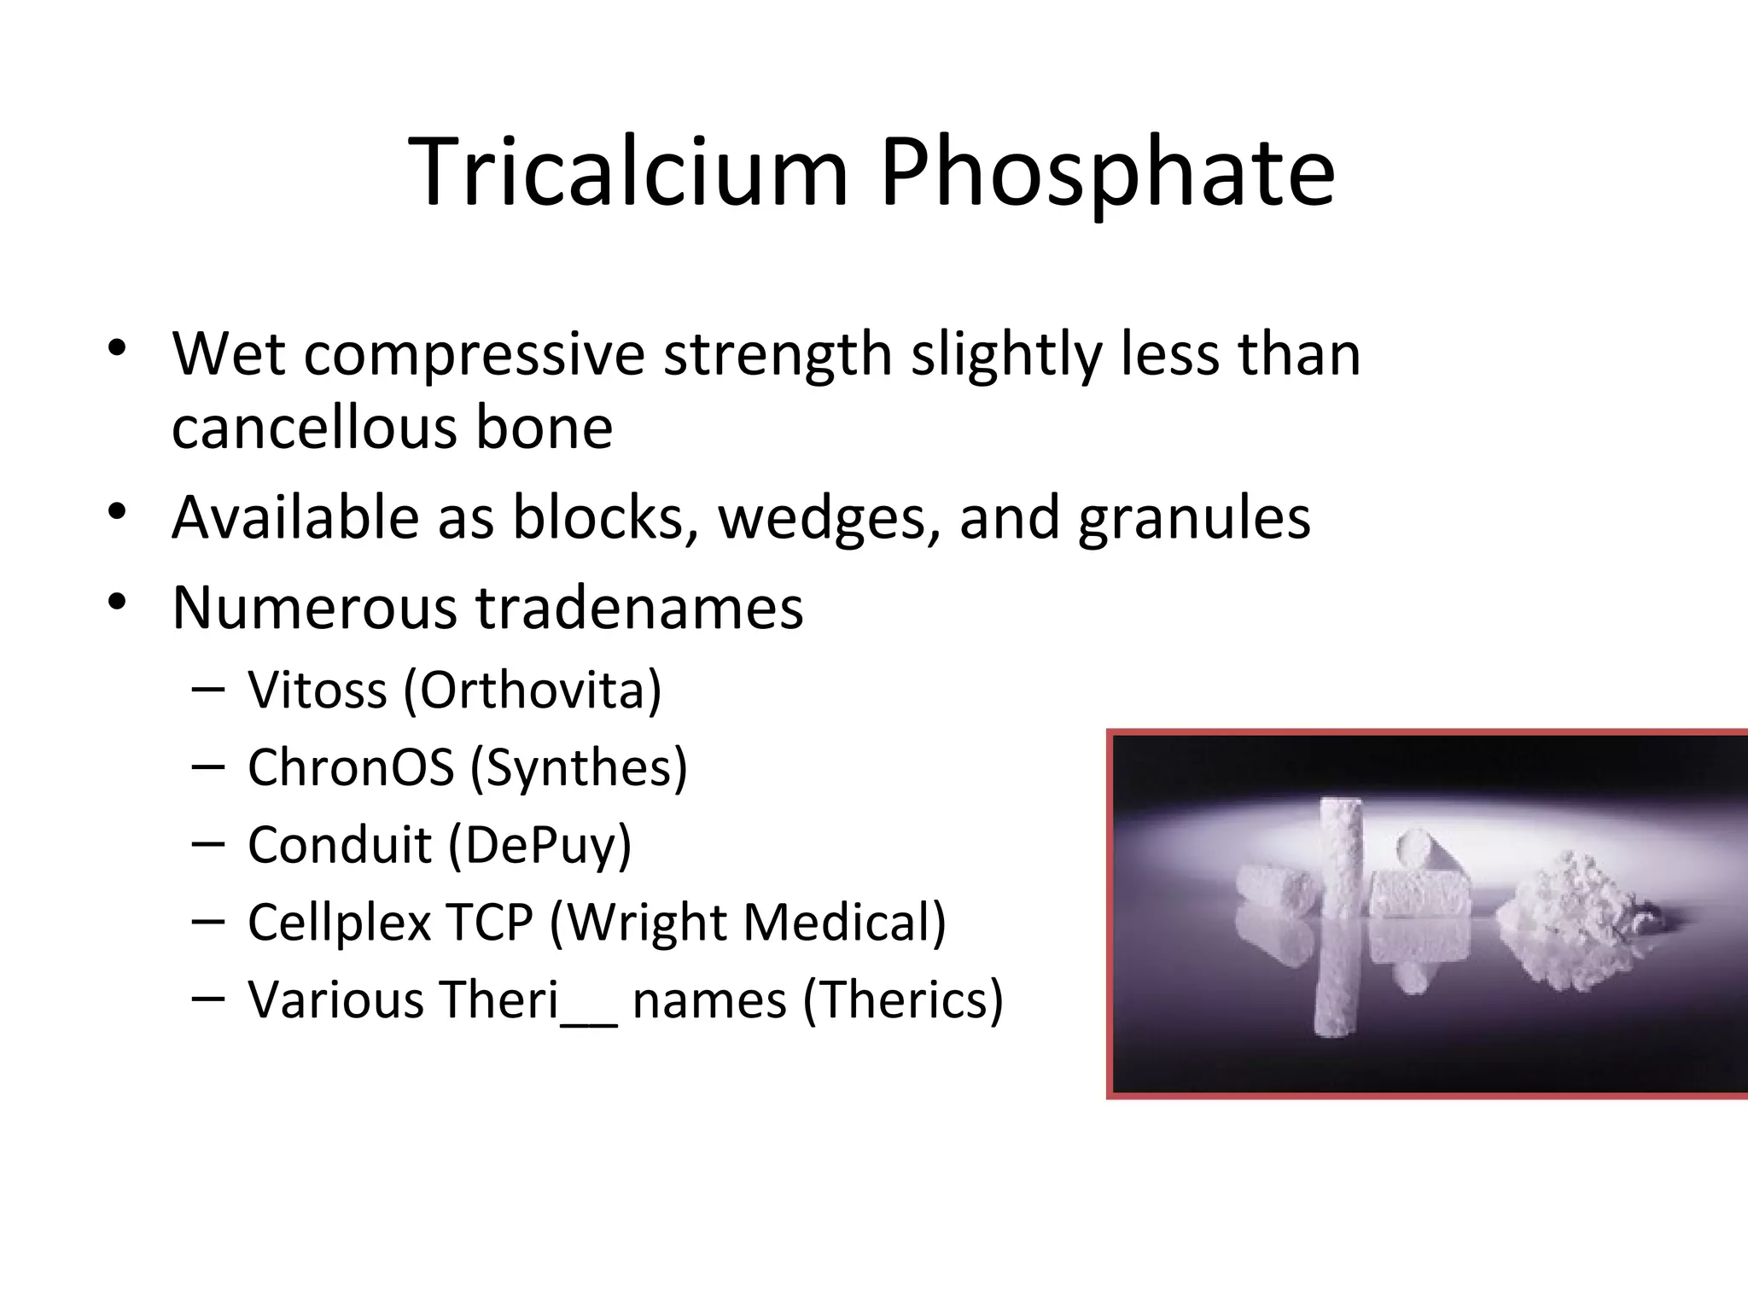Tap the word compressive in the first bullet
pyautogui.click(x=475, y=354)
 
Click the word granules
pyautogui.click(x=1194, y=518)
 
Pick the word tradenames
pyautogui.click(x=639, y=608)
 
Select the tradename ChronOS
pyautogui.click(x=351, y=766)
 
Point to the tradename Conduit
pyautogui.click(x=340, y=844)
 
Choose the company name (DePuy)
pyautogui.click(x=539, y=846)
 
